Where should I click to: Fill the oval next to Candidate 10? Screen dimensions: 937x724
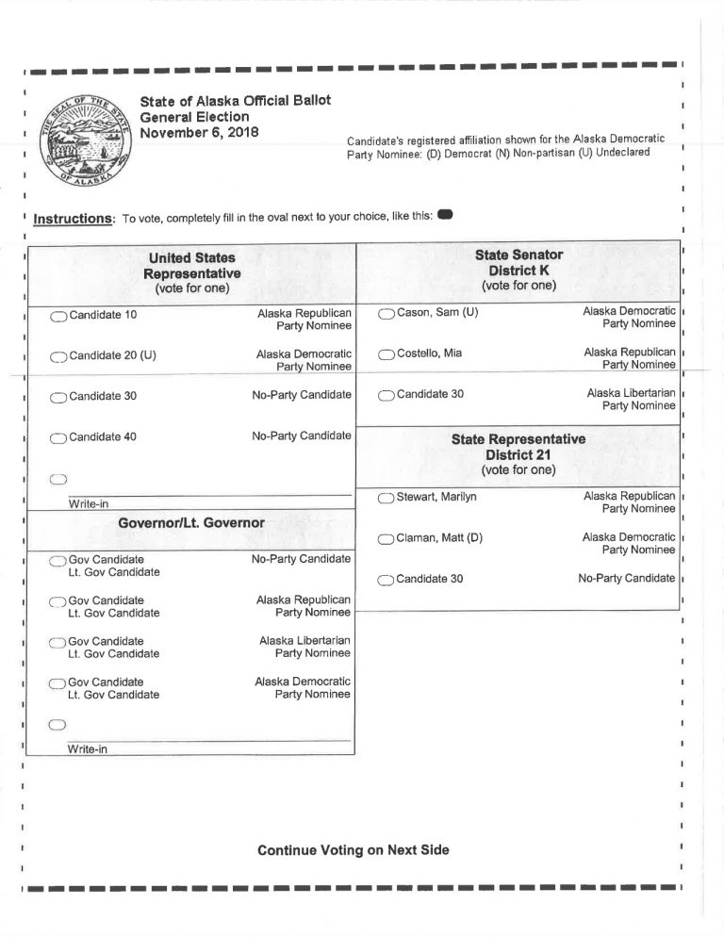click(x=58, y=316)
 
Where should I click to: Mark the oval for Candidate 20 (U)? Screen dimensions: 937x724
click(x=58, y=356)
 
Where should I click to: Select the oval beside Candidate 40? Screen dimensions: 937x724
click(x=58, y=437)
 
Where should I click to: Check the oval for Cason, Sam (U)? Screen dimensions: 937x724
click(x=387, y=313)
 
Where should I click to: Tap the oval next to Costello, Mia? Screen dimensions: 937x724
click(x=387, y=354)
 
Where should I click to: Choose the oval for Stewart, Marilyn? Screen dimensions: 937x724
click(x=387, y=498)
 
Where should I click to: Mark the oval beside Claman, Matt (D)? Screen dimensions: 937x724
click(x=387, y=539)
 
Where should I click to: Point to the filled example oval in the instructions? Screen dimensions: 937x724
click(x=446, y=215)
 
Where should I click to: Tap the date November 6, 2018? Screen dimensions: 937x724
click(x=199, y=132)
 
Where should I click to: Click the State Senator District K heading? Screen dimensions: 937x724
click(x=518, y=270)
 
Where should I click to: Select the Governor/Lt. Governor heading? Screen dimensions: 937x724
click(x=191, y=523)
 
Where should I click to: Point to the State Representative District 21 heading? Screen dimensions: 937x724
click(x=518, y=453)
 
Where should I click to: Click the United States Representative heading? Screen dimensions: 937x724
click(x=191, y=272)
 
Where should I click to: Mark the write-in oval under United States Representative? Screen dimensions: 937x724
click(x=58, y=478)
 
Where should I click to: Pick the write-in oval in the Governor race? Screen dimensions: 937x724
click(x=58, y=724)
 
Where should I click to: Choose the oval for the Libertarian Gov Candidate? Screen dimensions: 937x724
click(x=58, y=643)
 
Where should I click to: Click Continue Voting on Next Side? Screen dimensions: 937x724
click(x=354, y=850)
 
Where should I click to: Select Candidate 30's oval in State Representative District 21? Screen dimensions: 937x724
click(x=387, y=580)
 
